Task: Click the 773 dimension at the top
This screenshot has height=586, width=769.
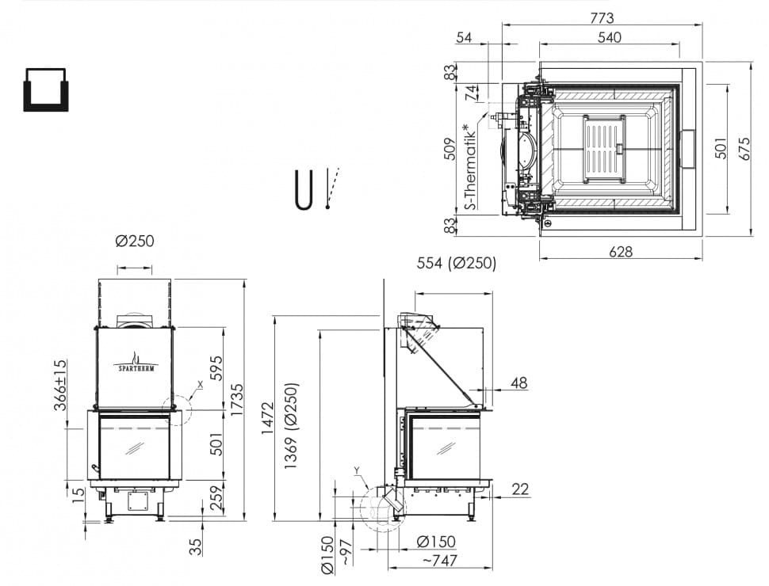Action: point(602,18)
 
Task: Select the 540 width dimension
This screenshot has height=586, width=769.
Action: point(609,37)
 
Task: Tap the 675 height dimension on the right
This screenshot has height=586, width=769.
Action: point(744,148)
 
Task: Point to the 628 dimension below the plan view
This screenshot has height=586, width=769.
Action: point(621,252)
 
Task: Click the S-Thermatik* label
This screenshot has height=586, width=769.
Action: point(470,166)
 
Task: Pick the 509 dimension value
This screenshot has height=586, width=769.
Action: point(450,149)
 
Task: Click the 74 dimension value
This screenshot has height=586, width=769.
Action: point(470,93)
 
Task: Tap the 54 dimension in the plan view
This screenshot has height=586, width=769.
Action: point(464,37)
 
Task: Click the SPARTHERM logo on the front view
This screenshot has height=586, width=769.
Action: point(136,364)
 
